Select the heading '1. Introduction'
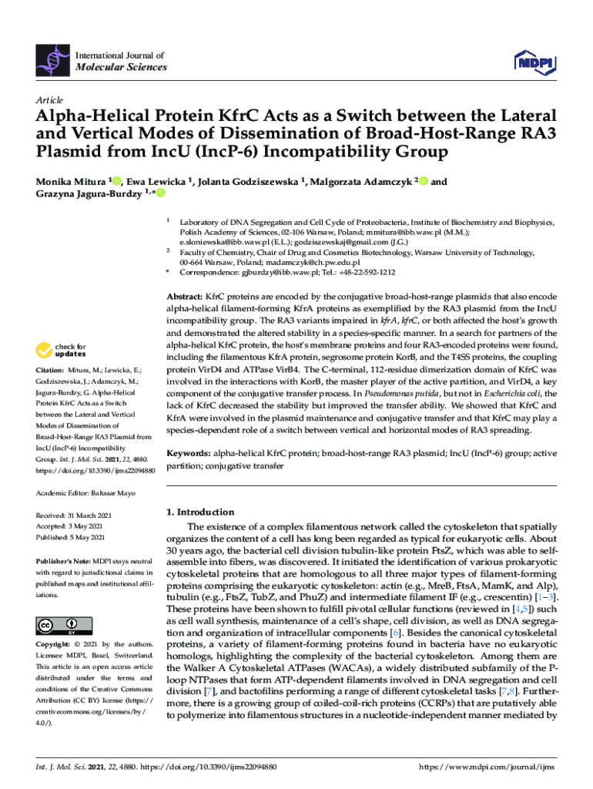tap(200, 512)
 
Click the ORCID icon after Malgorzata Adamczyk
tap(423, 181)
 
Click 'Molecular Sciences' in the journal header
tap(119, 67)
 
